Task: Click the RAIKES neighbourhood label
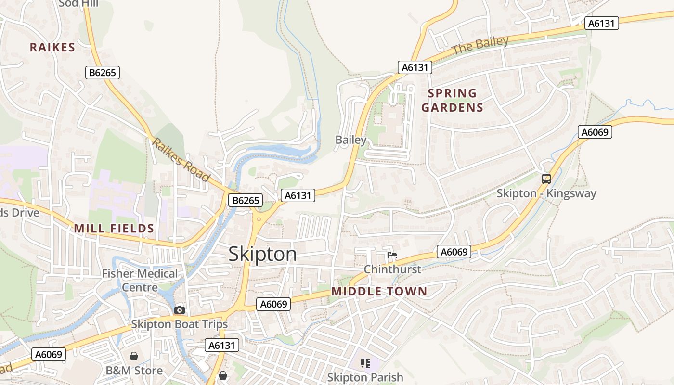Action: (x=52, y=47)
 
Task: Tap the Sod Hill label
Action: (x=78, y=4)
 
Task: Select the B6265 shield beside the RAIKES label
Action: (x=103, y=73)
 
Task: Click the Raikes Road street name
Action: (x=181, y=160)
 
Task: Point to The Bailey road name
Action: (x=480, y=45)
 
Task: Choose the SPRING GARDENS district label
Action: (x=452, y=100)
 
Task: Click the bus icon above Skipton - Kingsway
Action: (x=546, y=179)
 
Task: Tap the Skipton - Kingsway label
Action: (x=546, y=193)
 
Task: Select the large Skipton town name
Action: (x=263, y=254)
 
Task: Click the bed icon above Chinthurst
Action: (x=392, y=255)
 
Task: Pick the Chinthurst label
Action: (x=392, y=269)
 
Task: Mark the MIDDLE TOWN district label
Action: (x=379, y=291)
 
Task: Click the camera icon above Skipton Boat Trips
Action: (x=180, y=310)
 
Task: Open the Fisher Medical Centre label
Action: (x=140, y=280)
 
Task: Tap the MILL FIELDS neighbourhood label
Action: (x=114, y=229)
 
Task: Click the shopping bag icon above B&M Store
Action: (x=134, y=356)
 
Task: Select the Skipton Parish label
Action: (x=365, y=377)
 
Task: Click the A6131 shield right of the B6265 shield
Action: (x=298, y=195)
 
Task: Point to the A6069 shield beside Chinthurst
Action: (x=454, y=252)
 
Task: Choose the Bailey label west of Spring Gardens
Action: (x=351, y=140)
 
